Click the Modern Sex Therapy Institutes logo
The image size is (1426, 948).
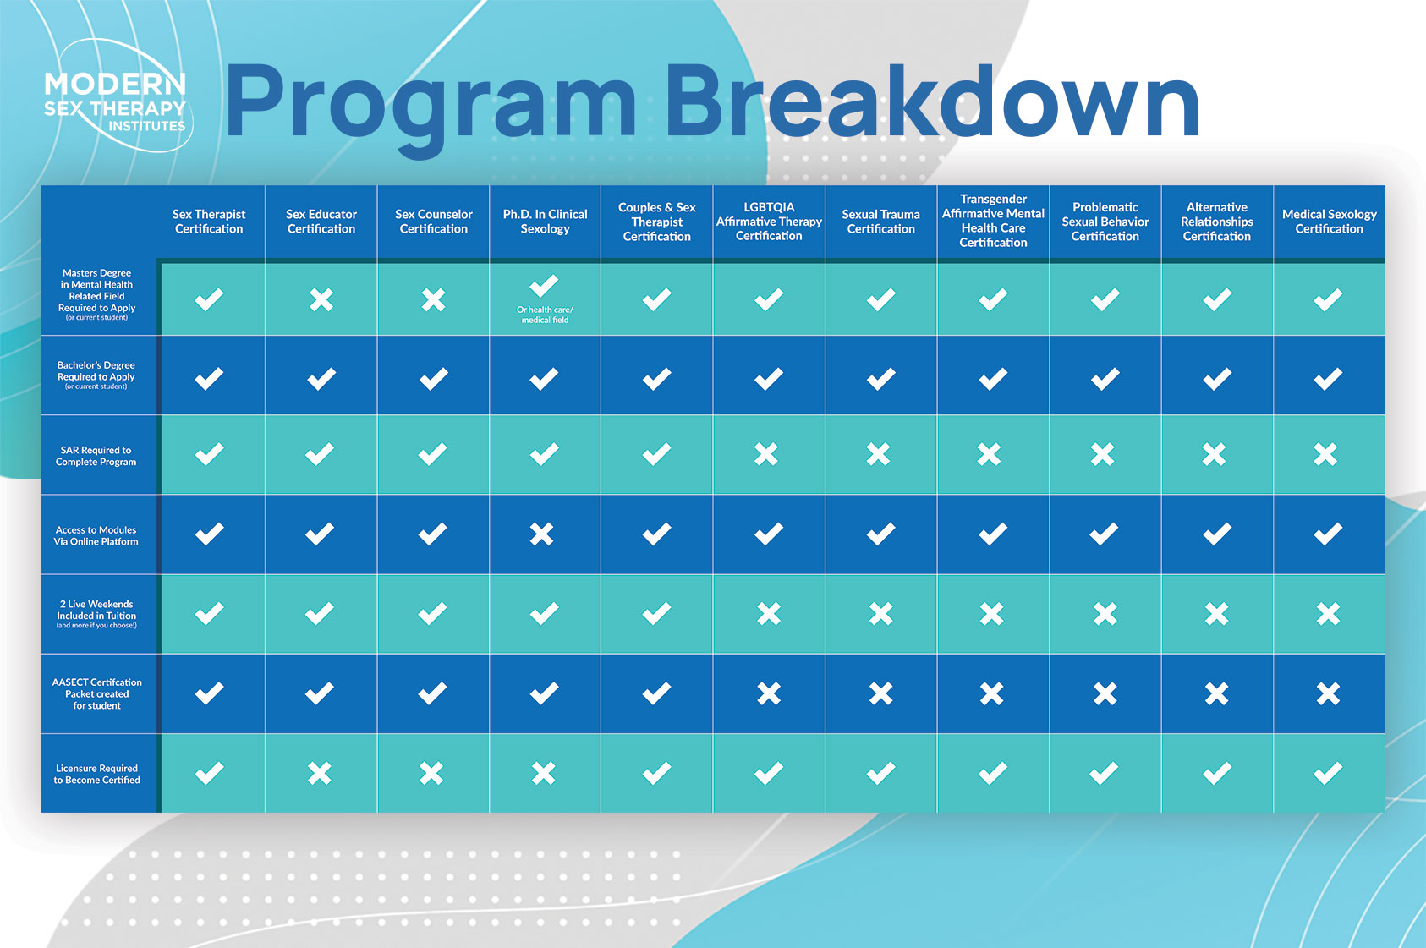[117, 96]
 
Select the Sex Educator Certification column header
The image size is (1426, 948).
[321, 222]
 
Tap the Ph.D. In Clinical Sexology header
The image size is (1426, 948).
[545, 222]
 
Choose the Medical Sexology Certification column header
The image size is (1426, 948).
[1330, 222]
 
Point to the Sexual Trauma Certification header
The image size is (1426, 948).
[881, 222]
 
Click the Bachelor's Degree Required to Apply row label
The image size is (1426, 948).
[96, 375]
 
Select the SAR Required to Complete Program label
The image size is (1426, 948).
[96, 456]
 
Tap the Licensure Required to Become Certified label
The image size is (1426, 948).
[96, 774]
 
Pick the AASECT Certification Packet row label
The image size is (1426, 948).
[96, 693]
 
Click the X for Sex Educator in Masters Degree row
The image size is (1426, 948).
[321, 299]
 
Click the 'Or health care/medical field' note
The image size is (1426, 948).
[545, 315]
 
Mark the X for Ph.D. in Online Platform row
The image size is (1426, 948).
[542, 534]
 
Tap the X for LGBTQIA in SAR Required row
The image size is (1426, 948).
[766, 454]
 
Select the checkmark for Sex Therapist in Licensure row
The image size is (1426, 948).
[210, 773]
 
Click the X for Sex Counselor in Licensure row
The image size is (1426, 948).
[431, 773]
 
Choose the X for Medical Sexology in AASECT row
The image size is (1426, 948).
[1328, 693]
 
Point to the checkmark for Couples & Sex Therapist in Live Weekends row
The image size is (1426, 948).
[656, 613]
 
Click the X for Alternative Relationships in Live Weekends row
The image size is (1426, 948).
[1216, 614]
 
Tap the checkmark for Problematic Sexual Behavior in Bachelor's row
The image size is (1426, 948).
[1105, 379]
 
